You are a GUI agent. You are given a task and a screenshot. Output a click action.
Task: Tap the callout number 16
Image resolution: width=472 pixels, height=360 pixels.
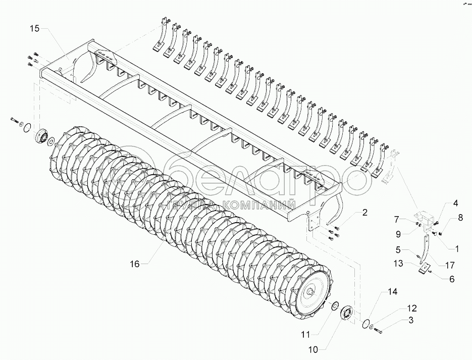[x=135, y=263]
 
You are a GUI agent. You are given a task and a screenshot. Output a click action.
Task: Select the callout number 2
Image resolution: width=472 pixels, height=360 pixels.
[x=364, y=213]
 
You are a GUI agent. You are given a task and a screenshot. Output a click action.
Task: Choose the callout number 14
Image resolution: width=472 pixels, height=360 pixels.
[x=393, y=292]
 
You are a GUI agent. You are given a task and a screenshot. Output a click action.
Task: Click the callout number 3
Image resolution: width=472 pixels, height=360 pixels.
[x=411, y=320]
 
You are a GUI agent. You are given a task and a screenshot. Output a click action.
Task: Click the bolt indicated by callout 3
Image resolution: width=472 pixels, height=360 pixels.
[x=380, y=331]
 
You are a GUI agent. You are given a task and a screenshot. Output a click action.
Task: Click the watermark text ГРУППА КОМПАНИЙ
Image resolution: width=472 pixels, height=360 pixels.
[x=227, y=205]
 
